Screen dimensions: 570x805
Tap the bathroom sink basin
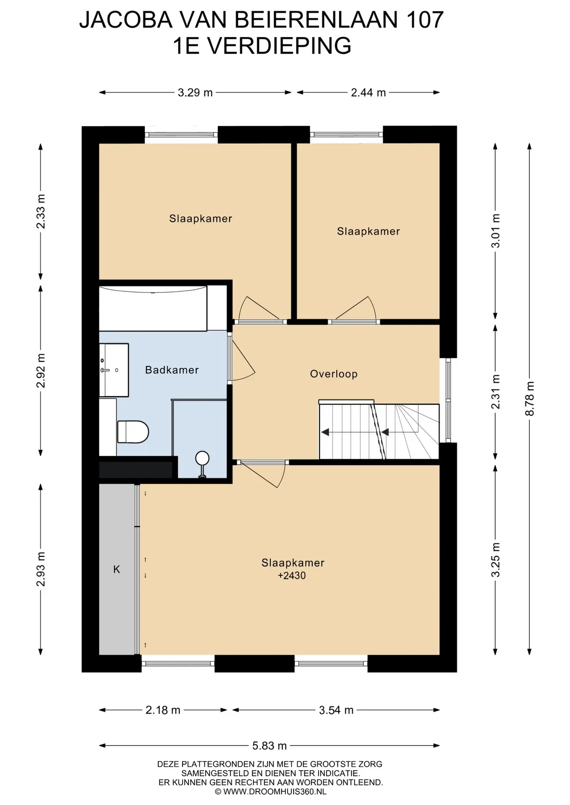pos(114,370)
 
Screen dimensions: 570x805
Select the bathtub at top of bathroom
pos(153,308)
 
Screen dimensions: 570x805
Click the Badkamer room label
pos(172,370)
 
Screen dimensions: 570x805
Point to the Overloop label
pos(334,374)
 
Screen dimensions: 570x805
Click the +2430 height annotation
pos(292,576)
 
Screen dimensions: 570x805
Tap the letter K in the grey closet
pos(117,569)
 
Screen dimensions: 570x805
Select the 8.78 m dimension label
pos(530,398)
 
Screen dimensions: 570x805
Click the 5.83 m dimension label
pos(269,745)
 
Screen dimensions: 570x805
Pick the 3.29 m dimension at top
pos(195,93)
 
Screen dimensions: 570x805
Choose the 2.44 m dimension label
pos(368,93)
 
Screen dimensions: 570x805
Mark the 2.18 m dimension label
pos(163,710)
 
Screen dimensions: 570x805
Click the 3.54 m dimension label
pos(336,710)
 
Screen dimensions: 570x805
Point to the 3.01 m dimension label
pos(496,231)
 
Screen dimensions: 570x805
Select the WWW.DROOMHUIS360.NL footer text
pos(275,792)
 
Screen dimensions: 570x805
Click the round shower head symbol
pos(202,458)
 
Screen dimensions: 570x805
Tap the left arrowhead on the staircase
pos(325,432)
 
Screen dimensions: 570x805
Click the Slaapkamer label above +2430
pos(293,563)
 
